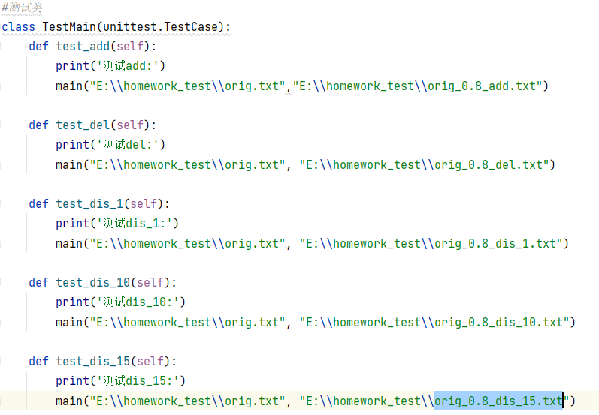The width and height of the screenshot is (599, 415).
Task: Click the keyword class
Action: click(19, 27)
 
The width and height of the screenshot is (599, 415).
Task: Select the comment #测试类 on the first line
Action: click(23, 8)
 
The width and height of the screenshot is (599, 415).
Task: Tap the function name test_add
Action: click(83, 47)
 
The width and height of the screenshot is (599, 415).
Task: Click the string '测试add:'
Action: click(130, 66)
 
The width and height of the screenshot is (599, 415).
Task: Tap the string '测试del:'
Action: click(130, 145)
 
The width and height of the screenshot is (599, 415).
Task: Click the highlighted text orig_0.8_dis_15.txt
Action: click(498, 401)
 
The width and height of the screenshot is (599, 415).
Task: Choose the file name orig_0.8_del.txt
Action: click(489, 164)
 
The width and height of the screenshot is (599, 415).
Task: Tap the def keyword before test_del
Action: click(38, 125)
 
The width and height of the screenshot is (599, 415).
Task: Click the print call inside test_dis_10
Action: click(72, 302)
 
